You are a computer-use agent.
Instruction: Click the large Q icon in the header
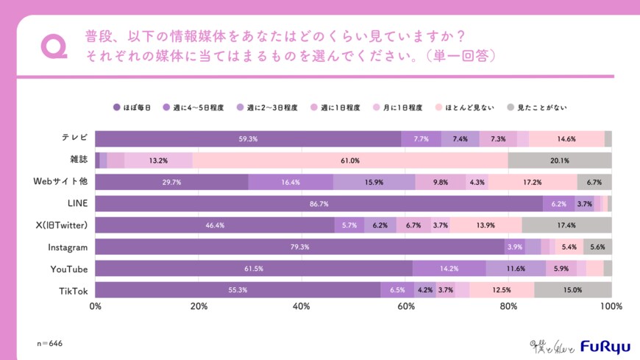pyautogui.click(x=53, y=46)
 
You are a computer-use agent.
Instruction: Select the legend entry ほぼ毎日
pyautogui.click(x=132, y=107)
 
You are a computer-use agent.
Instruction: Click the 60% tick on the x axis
pyautogui.click(x=405, y=306)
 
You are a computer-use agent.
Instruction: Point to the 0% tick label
pyautogui.click(x=95, y=306)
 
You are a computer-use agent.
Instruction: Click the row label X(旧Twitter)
pyautogui.click(x=60, y=225)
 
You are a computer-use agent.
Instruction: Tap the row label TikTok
pyautogui.click(x=74, y=290)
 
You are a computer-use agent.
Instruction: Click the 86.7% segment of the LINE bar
pyautogui.click(x=319, y=204)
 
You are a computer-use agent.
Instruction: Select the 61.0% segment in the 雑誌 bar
pyautogui.click(x=349, y=160)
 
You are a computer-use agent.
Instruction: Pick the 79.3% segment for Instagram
pyautogui.click(x=299, y=247)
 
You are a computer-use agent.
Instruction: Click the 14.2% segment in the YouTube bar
pyautogui.click(x=449, y=269)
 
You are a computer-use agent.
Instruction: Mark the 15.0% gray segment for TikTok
pyautogui.click(x=572, y=290)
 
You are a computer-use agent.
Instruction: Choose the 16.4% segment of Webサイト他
pyautogui.click(x=291, y=182)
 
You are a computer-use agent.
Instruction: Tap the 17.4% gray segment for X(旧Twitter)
pyautogui.click(x=566, y=225)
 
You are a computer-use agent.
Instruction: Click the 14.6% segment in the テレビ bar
pyautogui.click(x=566, y=138)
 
